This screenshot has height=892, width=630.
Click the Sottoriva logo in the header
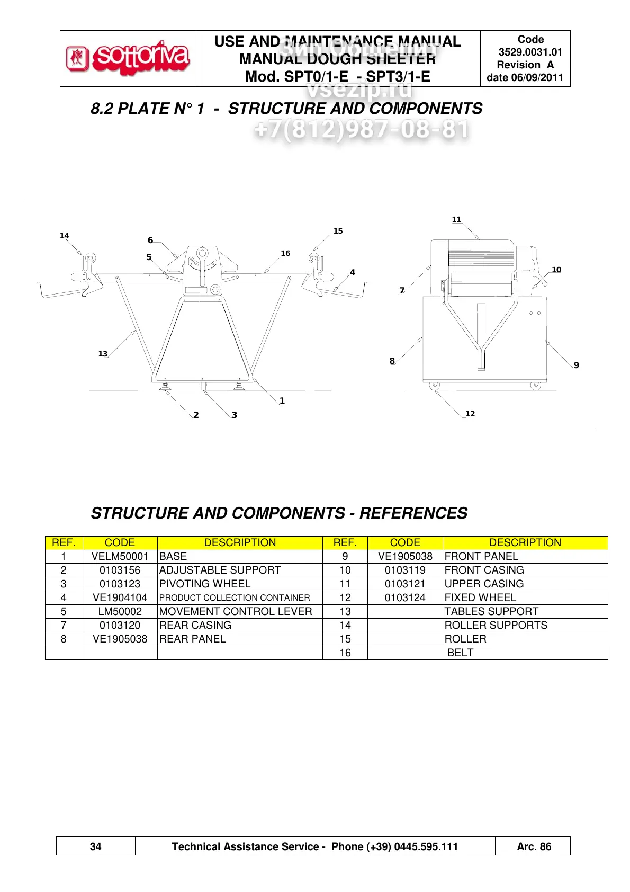(x=128, y=58)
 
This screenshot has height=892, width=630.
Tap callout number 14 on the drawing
(x=64, y=236)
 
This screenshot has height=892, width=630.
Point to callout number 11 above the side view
(x=456, y=220)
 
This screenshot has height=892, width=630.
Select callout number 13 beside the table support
(x=103, y=354)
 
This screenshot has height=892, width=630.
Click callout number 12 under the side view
(x=470, y=414)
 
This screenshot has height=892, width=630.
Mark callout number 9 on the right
(x=576, y=365)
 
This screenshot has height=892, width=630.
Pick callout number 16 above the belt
(x=285, y=254)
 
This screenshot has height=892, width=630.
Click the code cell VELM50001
(x=120, y=557)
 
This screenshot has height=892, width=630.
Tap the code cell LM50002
(x=120, y=612)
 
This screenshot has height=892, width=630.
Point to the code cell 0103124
(x=405, y=598)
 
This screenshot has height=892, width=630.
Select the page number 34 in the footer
(x=95, y=846)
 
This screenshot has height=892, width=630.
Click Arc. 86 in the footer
(x=534, y=846)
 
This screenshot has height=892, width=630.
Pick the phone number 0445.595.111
(x=426, y=846)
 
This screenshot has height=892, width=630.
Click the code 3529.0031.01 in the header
(x=530, y=52)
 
